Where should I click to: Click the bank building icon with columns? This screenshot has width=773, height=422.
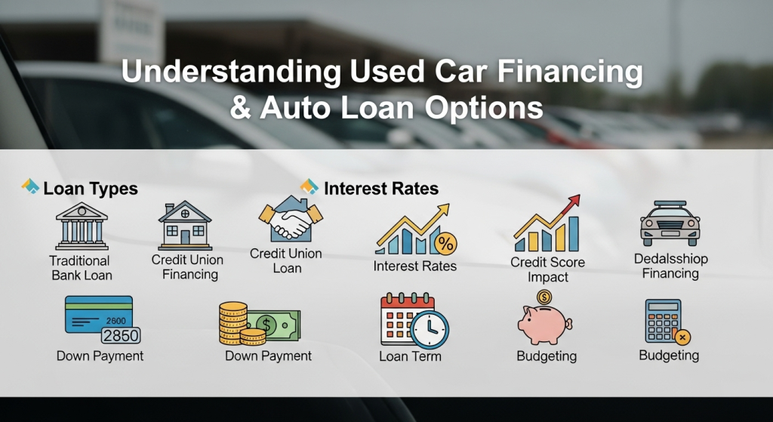pos(82,225)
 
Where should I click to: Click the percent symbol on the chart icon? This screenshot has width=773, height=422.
pos(446,244)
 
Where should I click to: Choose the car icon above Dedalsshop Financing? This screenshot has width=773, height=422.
pos(670,223)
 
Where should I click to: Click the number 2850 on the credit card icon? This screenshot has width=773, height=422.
pos(121,335)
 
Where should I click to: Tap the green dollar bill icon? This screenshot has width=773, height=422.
pos(276,325)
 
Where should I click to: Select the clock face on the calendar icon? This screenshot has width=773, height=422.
pos(431,329)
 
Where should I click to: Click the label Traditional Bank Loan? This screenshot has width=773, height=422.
pos(81,267)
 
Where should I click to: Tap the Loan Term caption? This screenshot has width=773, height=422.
pos(410,356)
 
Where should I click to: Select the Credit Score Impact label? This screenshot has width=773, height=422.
pos(547,270)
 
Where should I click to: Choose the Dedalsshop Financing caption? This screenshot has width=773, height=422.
pos(670,266)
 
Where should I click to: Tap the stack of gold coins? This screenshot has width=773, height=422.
pos(234,324)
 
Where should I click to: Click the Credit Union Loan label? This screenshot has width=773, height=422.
pos(286,260)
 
